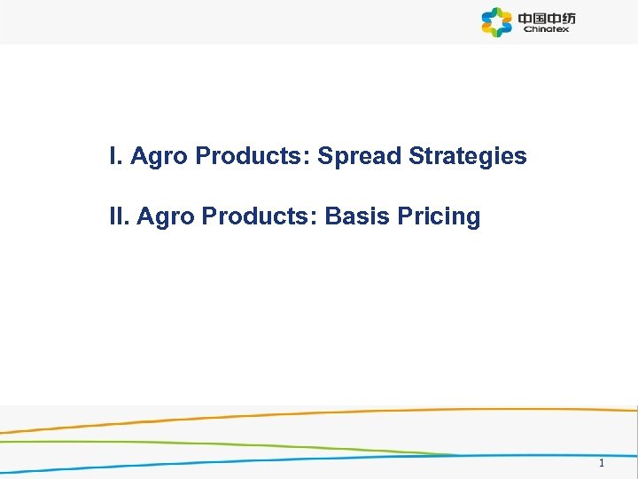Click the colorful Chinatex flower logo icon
pyautogui.click(x=497, y=22)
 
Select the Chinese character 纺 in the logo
pyautogui.click(x=568, y=17)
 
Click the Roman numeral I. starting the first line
pyautogui.click(x=114, y=157)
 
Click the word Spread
pyautogui.click(x=360, y=157)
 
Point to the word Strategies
pyautogui.click(x=468, y=158)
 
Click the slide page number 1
pyautogui.click(x=602, y=463)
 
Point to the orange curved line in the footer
pyautogui.click(x=354, y=412)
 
